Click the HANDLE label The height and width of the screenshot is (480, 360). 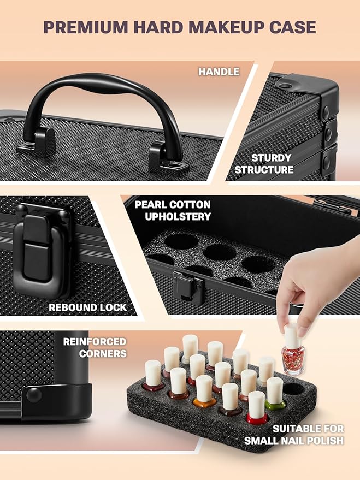[x=219, y=72]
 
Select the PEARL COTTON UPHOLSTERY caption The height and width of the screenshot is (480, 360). [x=173, y=211]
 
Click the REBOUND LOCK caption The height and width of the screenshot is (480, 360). [x=87, y=307]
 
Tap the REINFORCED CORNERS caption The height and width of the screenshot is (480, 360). [x=95, y=347]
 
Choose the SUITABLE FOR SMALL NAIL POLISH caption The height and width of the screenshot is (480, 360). [x=294, y=435]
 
